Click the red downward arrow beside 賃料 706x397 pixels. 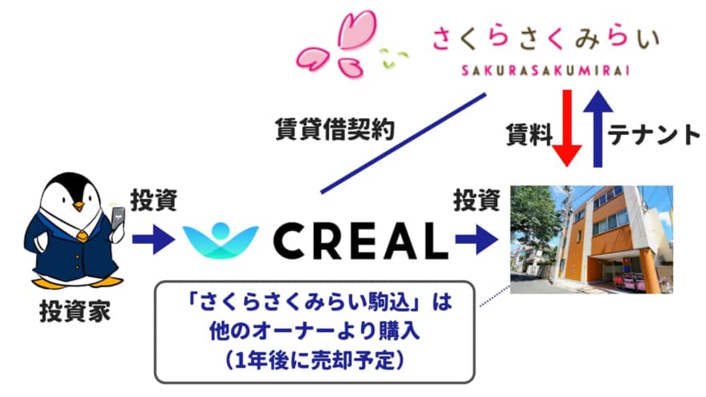567,128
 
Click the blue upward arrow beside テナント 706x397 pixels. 598,128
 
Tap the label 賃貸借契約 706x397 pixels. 335,130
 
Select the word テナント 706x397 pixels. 654,135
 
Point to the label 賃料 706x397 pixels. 529,135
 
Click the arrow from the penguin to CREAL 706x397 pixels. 153,239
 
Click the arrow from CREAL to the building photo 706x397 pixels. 477,239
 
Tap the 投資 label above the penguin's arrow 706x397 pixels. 153,201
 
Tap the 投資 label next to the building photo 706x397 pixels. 477,201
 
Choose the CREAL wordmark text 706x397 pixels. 360,241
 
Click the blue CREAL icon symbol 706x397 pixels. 221,241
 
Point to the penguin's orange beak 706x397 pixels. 79,206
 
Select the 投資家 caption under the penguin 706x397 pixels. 75,311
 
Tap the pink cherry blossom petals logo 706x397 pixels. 335,44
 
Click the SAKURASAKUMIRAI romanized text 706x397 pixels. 546,71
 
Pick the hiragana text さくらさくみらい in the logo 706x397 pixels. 546,38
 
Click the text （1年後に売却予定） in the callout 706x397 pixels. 314,361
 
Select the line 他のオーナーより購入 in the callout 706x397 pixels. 314,331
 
